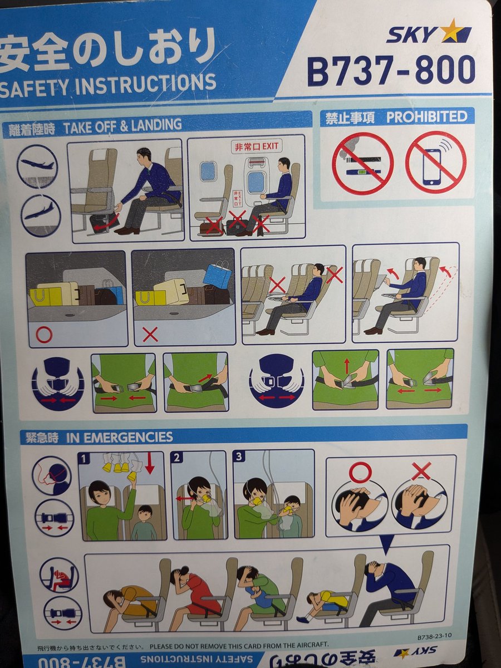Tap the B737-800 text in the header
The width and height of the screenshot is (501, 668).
pyautogui.click(x=391, y=71)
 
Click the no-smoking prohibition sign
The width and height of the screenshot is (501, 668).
pyautogui.click(x=362, y=165)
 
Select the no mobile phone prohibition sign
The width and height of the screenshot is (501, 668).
pyautogui.click(x=435, y=165)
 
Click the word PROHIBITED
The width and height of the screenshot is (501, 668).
pyautogui.click(x=426, y=117)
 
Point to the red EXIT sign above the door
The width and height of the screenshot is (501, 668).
pyautogui.click(x=257, y=147)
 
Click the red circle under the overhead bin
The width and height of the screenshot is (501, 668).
pyautogui.click(x=45, y=335)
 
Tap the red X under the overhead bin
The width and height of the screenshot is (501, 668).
pyautogui.click(x=150, y=335)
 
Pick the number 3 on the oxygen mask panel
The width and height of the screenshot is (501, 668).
pyautogui.click(x=239, y=457)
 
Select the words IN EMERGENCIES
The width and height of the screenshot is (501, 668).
pyautogui.click(x=120, y=438)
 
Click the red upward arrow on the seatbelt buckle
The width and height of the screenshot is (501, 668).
pyautogui.click(x=346, y=366)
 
